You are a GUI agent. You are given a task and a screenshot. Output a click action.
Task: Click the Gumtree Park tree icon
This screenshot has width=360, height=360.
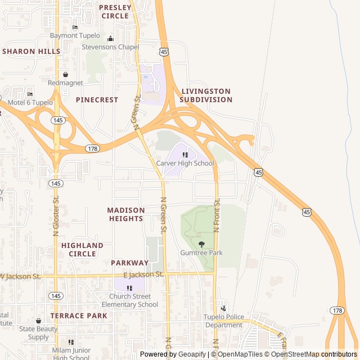(x=201, y=244)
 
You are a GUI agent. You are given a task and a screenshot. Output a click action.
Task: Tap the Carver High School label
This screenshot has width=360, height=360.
(x=185, y=163)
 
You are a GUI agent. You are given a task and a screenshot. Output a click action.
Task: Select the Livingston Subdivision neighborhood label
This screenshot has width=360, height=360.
(x=206, y=95)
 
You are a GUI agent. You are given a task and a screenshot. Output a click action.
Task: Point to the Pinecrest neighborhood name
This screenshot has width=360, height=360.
(x=97, y=100)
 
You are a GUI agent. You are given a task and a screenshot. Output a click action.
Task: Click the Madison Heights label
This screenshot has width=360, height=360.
(x=126, y=214)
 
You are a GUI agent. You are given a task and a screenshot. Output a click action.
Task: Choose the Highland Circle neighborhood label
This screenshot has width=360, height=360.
(x=82, y=250)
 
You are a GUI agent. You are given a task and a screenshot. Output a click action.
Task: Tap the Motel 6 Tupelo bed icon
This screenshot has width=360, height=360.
(x=30, y=94)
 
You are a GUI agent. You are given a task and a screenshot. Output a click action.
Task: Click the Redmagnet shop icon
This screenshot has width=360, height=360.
(x=65, y=74)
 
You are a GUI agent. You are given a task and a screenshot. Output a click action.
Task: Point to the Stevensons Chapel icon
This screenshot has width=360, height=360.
(x=110, y=39)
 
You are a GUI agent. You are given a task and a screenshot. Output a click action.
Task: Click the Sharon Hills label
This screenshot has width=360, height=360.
(x=31, y=51)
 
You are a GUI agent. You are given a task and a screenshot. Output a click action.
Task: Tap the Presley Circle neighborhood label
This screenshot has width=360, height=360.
(x=115, y=12)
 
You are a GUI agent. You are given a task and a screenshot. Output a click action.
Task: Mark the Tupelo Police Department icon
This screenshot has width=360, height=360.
(x=224, y=308)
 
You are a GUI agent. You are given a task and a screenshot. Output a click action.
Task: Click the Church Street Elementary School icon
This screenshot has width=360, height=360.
(x=130, y=288)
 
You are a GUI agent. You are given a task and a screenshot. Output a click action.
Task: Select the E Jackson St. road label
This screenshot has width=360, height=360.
(x=143, y=274)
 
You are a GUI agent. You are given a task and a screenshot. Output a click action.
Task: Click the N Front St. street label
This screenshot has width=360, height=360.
(x=217, y=215)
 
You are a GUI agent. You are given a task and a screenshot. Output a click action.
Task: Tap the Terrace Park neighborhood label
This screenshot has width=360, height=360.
(x=79, y=316)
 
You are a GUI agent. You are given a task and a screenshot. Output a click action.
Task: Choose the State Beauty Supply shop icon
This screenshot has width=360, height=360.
(x=38, y=321)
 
